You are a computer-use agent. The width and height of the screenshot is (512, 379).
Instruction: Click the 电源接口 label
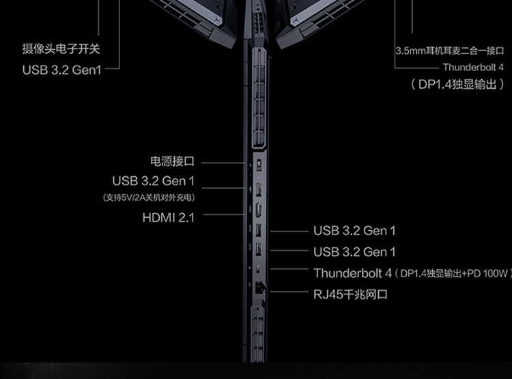172,162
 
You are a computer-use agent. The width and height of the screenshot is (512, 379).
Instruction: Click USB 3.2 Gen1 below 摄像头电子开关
61,69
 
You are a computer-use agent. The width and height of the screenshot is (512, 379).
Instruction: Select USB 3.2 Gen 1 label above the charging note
153,181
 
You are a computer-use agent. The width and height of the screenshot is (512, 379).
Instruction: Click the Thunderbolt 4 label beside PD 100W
352,273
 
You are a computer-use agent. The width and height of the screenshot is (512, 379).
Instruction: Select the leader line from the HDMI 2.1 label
222,214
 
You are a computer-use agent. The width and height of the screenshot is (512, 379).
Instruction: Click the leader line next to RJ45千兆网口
287,294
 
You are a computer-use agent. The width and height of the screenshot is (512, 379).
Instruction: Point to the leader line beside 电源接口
222,163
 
